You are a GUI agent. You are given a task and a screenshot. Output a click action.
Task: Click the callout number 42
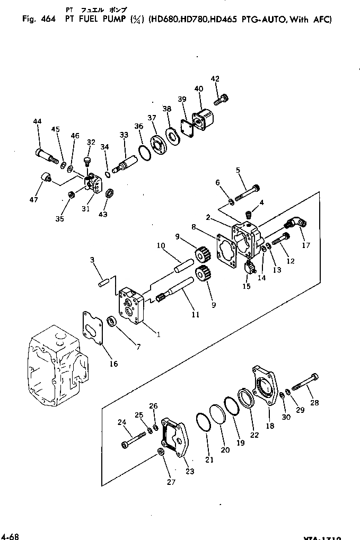point(215,79)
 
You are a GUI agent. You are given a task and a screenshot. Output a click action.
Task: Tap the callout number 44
point(37,122)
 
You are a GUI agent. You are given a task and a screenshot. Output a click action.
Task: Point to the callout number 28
point(315,403)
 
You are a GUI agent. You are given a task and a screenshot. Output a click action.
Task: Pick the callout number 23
point(190,471)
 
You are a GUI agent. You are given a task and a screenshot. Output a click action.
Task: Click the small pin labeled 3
point(104,281)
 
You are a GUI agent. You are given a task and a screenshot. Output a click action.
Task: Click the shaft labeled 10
point(182,263)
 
